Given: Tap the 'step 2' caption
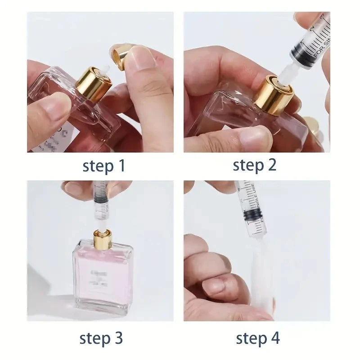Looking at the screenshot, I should (255, 165).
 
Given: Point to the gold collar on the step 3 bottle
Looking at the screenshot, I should (103, 238).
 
